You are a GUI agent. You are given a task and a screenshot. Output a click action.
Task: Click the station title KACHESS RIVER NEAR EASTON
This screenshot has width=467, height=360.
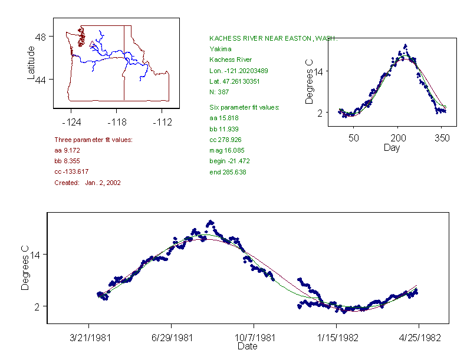pos(273,38)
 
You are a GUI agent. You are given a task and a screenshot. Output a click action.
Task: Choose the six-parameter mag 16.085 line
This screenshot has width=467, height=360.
pos(227,150)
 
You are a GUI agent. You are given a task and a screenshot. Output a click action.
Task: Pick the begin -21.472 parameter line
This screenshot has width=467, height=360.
pos(229,161)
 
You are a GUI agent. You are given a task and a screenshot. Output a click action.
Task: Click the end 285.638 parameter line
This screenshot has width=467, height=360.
pos(228,172)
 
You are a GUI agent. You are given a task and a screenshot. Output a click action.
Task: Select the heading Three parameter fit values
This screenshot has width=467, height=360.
pos(93,140)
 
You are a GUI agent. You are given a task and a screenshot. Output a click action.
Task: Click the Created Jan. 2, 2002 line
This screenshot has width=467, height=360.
pos(87,183)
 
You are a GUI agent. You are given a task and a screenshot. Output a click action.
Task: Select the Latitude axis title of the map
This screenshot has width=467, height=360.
pos(31,63)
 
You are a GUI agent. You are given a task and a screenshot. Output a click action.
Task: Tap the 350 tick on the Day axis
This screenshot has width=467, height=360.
pos(442,138)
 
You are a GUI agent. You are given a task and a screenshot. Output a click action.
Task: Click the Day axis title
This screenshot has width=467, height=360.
pos(392,148)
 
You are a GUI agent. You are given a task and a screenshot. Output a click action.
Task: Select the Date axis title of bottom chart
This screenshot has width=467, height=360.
pos(247,346)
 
